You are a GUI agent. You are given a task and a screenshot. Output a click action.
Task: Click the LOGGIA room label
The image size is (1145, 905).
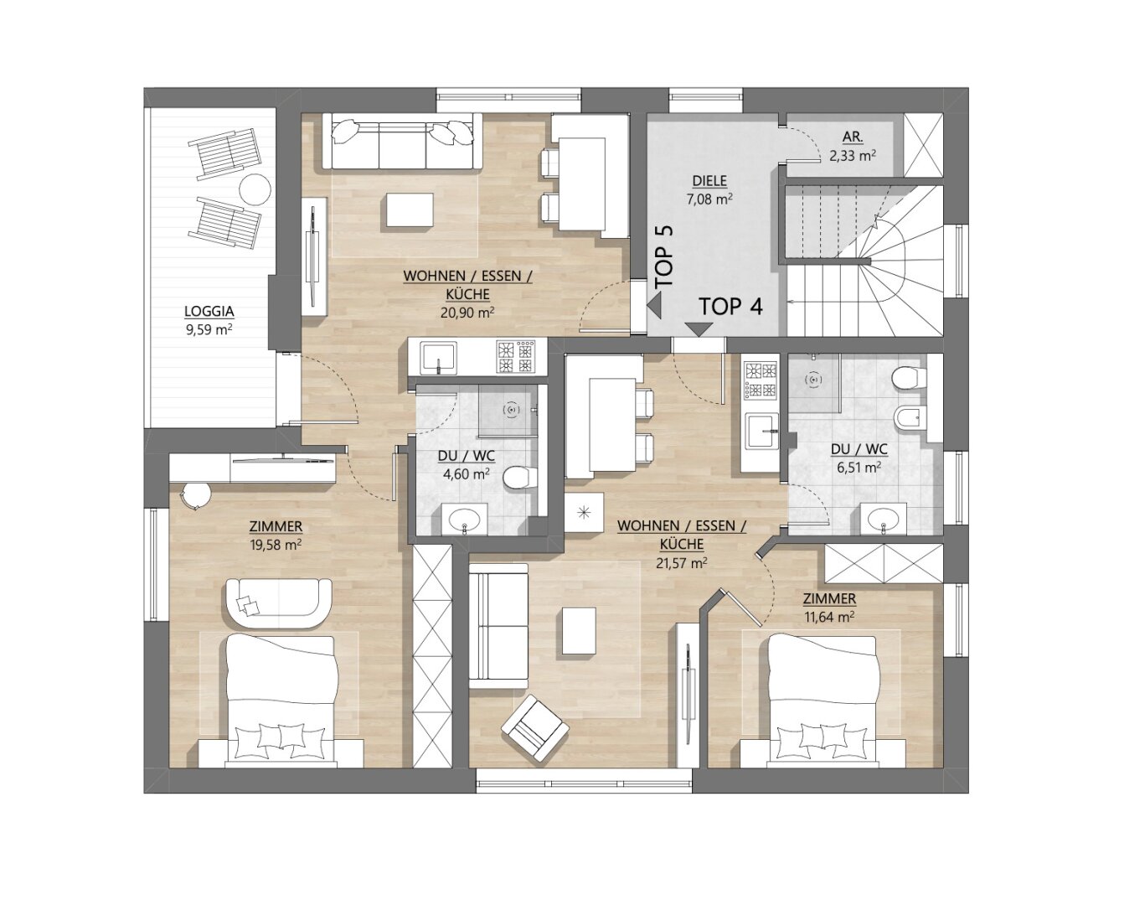[209, 311]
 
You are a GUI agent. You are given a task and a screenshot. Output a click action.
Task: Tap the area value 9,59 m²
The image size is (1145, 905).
[209, 329]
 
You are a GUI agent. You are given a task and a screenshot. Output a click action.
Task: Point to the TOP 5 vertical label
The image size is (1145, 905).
[664, 256]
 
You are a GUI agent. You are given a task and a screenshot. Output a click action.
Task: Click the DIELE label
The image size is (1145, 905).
[709, 181]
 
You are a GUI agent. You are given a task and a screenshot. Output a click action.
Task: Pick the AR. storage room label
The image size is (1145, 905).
[853, 137]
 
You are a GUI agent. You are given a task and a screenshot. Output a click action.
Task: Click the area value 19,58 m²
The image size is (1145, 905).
[276, 545]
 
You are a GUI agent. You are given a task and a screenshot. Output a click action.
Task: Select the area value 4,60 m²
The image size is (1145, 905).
[467, 473]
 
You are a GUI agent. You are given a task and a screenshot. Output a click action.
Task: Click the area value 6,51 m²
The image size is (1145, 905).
[859, 468]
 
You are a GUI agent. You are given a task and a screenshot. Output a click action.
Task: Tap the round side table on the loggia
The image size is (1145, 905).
[255, 189]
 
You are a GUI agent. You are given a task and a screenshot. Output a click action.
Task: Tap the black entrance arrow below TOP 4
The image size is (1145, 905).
[699, 328]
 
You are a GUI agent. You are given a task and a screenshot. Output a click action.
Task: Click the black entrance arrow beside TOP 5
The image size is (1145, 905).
[654, 308]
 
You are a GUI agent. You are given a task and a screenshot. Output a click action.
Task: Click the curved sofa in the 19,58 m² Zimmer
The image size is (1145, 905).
[278, 603]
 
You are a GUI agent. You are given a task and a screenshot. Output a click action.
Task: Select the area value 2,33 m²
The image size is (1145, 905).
[853, 156]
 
